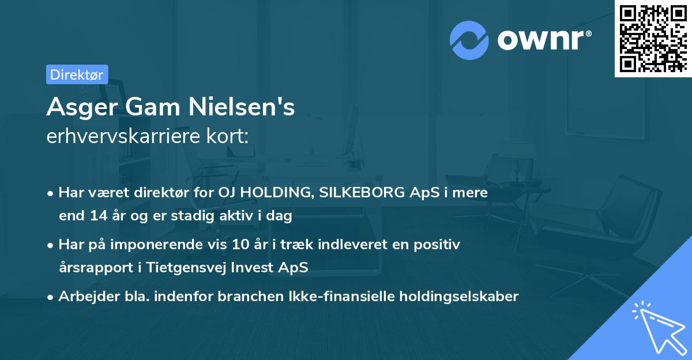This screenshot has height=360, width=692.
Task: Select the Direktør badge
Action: (77, 74)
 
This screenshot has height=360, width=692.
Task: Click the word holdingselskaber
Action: (462, 297)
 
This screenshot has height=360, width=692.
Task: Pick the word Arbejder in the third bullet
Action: (83, 297)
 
